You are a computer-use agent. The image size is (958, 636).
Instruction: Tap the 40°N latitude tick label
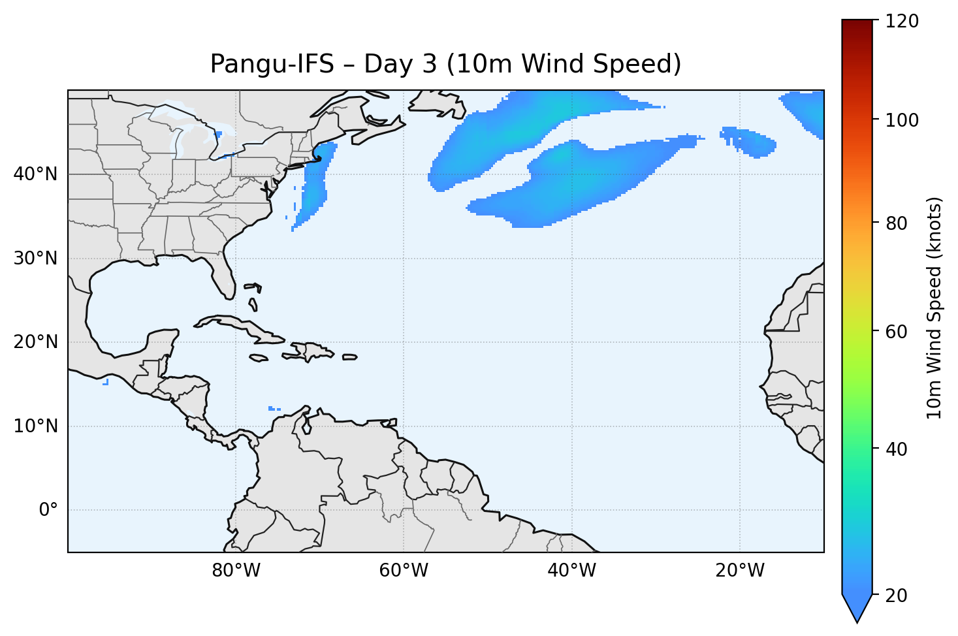click(35, 174)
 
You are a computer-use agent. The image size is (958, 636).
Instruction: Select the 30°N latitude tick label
click(35, 259)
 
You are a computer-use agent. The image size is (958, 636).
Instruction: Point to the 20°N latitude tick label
click(35, 342)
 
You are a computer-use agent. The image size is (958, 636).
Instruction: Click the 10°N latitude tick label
click(35, 426)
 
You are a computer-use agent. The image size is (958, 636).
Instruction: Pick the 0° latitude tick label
click(48, 510)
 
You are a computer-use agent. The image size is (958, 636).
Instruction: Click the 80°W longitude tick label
click(236, 571)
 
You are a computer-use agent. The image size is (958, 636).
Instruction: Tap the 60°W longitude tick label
click(404, 571)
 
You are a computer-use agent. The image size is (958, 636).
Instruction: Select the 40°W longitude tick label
click(571, 571)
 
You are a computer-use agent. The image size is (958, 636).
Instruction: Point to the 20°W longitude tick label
click(739, 571)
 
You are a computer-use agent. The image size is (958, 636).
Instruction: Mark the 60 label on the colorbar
click(897, 332)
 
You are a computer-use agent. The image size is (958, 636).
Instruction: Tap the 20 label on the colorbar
click(897, 596)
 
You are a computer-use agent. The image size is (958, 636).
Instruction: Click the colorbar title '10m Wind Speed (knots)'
click(934, 308)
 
